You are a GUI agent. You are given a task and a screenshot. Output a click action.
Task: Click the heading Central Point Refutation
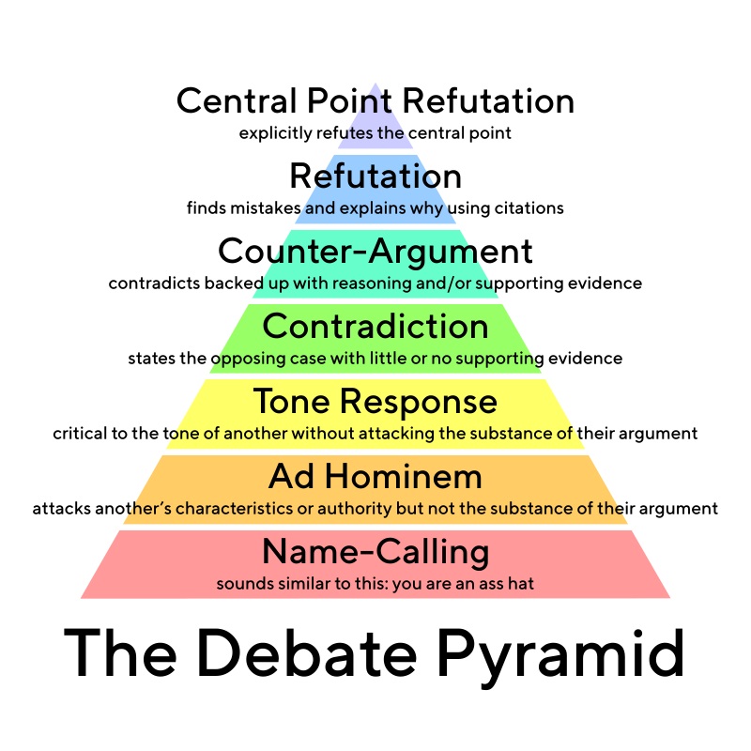(375, 101)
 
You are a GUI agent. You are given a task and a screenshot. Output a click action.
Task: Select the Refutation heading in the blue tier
(375, 176)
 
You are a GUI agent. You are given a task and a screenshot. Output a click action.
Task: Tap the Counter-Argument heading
(375, 252)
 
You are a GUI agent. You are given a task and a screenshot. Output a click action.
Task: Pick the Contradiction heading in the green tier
(375, 327)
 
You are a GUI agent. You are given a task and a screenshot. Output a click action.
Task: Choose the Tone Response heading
(375, 402)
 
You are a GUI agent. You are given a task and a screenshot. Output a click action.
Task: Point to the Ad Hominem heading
(375, 477)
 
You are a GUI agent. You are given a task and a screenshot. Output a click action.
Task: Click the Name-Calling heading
(375, 552)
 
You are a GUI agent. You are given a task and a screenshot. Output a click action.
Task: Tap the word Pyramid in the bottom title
(559, 654)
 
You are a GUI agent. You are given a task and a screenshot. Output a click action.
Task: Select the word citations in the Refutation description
(530, 208)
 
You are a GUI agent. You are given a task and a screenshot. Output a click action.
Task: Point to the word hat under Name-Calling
(522, 584)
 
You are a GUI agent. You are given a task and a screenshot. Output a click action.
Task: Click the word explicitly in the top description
(271, 133)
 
